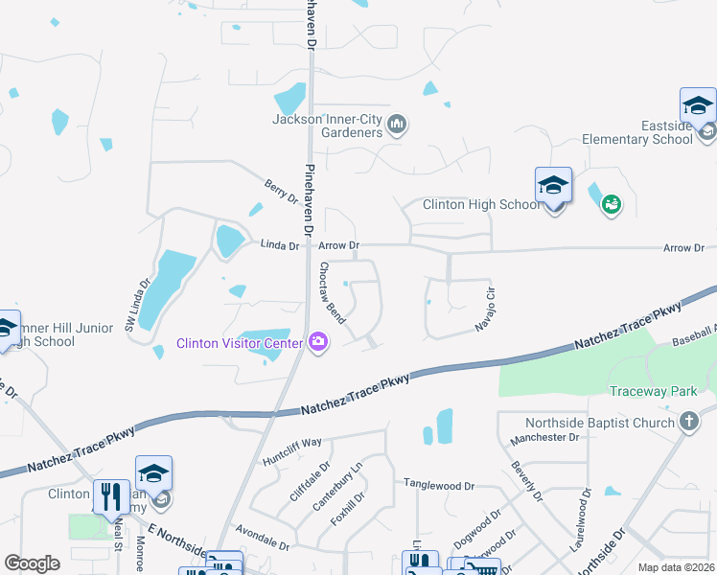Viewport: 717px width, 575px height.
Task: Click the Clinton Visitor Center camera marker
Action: click(318, 341)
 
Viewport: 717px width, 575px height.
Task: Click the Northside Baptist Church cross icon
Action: click(687, 423)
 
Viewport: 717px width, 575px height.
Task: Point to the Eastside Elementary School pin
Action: click(698, 106)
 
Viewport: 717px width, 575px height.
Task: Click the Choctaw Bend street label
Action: click(332, 292)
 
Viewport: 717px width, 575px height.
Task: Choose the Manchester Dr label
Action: click(546, 437)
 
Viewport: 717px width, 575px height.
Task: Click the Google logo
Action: click(32, 563)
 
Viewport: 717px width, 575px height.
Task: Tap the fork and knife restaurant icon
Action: click(111, 496)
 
